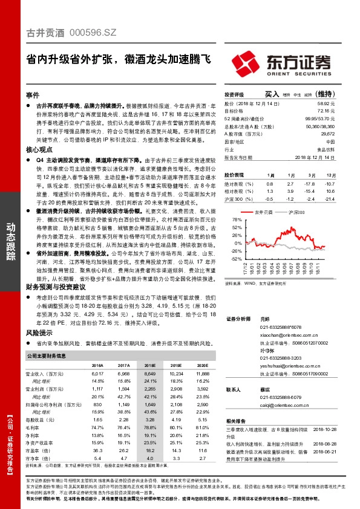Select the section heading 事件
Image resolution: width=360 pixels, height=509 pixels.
click(x=33, y=96)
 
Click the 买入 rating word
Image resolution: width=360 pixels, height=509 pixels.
click(x=272, y=95)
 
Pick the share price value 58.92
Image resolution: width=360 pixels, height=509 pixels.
click(x=344, y=105)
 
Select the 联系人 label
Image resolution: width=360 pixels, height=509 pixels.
click(x=233, y=390)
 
